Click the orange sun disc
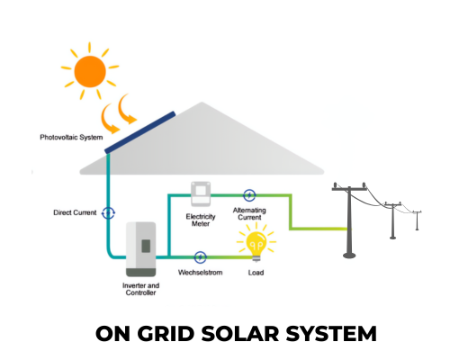[x=90, y=71]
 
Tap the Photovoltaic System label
[x=71, y=138]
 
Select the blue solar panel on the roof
[x=139, y=132]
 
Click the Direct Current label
[x=75, y=212]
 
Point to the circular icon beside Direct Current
[x=108, y=213]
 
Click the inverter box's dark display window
[x=146, y=246]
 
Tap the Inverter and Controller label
[x=140, y=289]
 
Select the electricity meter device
[x=201, y=194]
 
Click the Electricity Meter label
[x=201, y=220]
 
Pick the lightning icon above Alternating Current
[x=249, y=195]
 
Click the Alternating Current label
[x=249, y=213]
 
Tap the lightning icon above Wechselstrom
[x=200, y=257]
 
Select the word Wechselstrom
[x=201, y=273]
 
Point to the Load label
[x=256, y=273]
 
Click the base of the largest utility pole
[x=349, y=256]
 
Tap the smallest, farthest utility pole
[x=417, y=220]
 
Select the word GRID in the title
[x=166, y=334]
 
